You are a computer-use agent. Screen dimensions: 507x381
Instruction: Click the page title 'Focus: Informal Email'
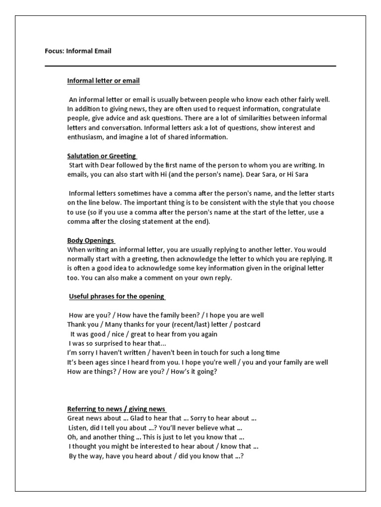coord(78,51)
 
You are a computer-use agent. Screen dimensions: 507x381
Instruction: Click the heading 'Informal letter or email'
coord(104,81)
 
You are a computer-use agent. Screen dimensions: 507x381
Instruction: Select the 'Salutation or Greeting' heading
coord(101,156)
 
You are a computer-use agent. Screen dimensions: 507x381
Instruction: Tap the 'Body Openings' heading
coord(91,241)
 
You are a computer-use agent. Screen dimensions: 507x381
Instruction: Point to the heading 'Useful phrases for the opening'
coord(116,296)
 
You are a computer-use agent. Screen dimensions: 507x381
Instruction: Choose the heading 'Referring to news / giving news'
coord(117,409)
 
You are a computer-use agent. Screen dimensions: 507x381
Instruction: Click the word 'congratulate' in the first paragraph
coord(302,109)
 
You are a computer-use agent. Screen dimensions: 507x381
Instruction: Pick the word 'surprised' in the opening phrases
coord(112,344)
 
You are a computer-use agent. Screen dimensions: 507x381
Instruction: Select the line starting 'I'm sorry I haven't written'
coord(174,353)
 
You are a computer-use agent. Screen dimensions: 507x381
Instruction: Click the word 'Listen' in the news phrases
coord(78,428)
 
